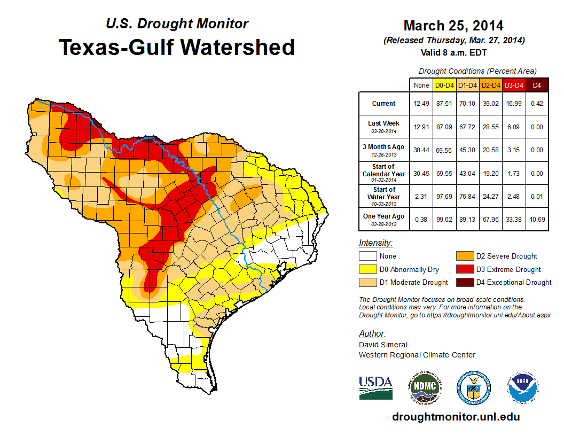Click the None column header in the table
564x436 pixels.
tap(421, 85)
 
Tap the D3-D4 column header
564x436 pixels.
tap(514, 85)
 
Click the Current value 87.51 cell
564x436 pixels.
tap(444, 104)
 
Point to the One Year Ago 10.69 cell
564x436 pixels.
tap(537, 216)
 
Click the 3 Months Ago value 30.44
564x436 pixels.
tap(421, 150)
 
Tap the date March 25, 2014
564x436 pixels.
tap(453, 26)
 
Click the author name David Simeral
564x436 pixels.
tap(383, 345)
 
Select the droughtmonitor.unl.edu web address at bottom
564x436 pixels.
tap(456, 417)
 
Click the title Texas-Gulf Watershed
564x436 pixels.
tap(177, 47)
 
